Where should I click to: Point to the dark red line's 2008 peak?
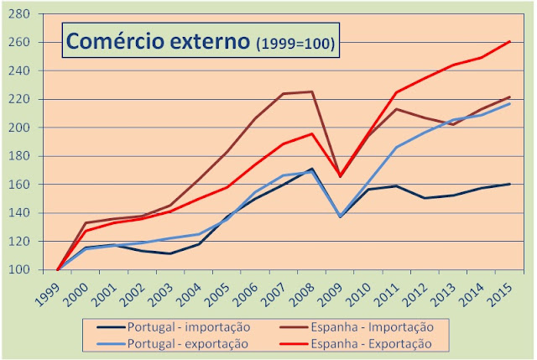(312, 91)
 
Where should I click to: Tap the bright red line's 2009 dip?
(341, 175)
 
